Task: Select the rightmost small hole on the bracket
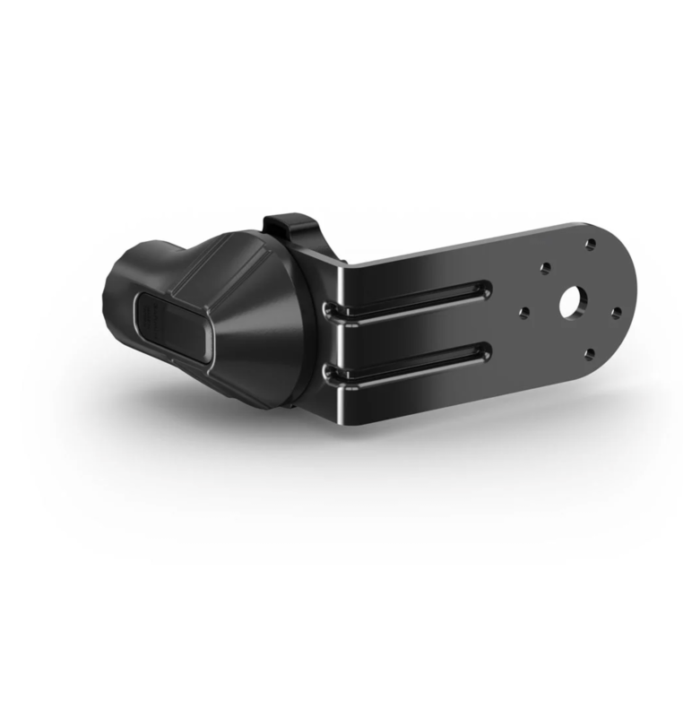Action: click(617, 313)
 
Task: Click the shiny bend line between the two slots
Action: click(341, 339)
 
